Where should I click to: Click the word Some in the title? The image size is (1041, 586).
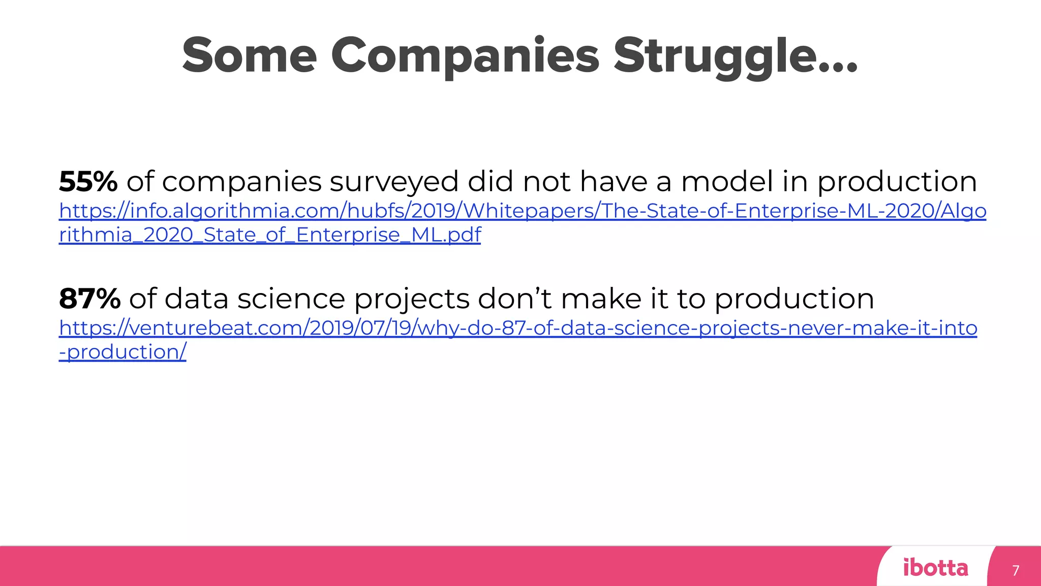pyautogui.click(x=249, y=56)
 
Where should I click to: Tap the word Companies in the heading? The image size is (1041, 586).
pyautogui.click(x=465, y=56)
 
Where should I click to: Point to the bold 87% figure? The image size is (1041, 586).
pyautogui.click(x=89, y=299)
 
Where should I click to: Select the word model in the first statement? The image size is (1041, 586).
pyautogui.click(x=727, y=182)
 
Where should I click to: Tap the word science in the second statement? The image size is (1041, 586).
pyautogui.click(x=291, y=299)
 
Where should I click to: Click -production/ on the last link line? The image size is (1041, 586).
pyautogui.click(x=123, y=352)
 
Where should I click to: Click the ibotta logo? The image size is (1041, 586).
pyautogui.click(x=935, y=568)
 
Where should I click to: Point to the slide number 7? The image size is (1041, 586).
pyautogui.click(x=1016, y=570)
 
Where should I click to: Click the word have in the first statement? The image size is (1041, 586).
pyautogui.click(x=614, y=182)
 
